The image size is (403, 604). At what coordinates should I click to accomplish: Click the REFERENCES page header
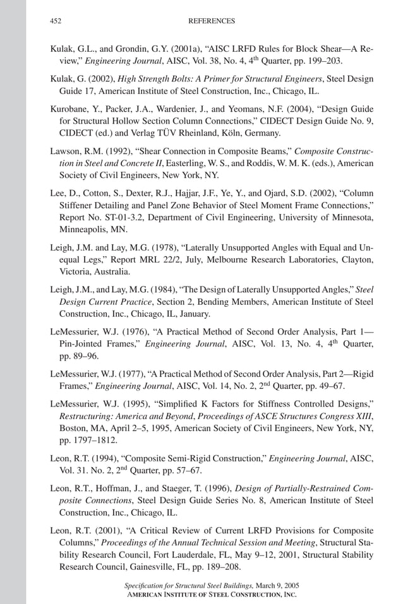pos(212,21)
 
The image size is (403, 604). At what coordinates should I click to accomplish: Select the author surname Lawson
pos(65,151)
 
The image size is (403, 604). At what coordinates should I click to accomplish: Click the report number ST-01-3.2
pos(117,217)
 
